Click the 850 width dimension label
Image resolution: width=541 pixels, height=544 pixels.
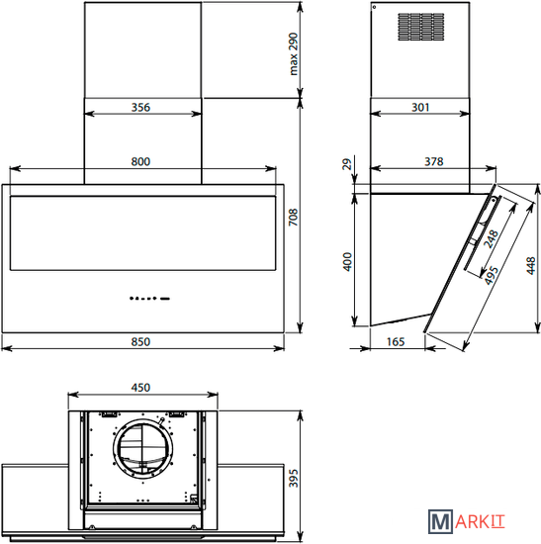point(140,342)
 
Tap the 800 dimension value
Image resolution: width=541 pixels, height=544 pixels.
point(140,161)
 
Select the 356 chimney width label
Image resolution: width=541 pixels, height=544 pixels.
point(140,107)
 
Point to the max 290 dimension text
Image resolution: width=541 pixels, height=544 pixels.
point(294,53)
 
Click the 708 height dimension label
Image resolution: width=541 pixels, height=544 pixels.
point(294,218)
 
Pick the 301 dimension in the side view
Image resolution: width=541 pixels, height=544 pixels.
point(420,107)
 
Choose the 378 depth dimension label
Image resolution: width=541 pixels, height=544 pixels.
point(434,161)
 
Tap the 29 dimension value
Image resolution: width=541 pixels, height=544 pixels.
point(347,164)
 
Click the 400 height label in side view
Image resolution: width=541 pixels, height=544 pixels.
point(347,262)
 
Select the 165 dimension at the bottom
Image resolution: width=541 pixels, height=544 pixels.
point(396,342)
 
